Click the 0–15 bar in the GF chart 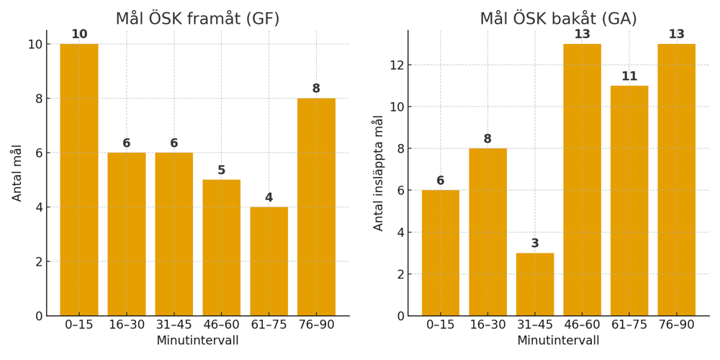pos(79,180)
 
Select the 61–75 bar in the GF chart pos(269,261)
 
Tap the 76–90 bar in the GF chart pos(316,207)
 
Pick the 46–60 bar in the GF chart pos(221,248)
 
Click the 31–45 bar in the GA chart pos(535,284)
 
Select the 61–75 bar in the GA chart pos(629,201)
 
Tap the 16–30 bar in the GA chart pos(487,232)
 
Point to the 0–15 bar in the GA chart pos(441,253)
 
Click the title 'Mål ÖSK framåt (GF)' pos(197,19)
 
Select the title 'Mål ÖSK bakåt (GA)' pos(558,19)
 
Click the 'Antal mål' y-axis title pos(17,174)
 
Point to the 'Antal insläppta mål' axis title pos(379,174)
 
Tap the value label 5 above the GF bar pos(221,171)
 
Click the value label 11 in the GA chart pos(629,76)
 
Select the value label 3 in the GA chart pos(535,243)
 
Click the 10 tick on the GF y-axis pos(34,44)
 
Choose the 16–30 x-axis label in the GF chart pos(127,325)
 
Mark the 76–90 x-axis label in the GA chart pos(676,325)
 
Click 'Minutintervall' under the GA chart pos(558,341)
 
